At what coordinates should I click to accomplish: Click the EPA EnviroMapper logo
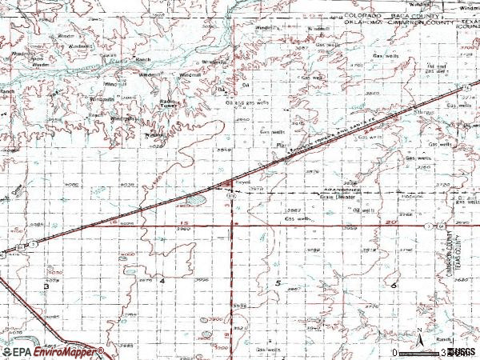tap(53, 351)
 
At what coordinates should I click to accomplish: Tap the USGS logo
tap(462, 352)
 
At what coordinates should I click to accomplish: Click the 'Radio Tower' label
tap(167, 103)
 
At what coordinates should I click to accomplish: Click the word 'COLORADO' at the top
tap(365, 15)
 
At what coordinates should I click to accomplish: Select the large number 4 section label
tap(162, 282)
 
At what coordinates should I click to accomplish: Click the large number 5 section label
tap(277, 284)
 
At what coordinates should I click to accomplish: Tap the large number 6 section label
tap(394, 284)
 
